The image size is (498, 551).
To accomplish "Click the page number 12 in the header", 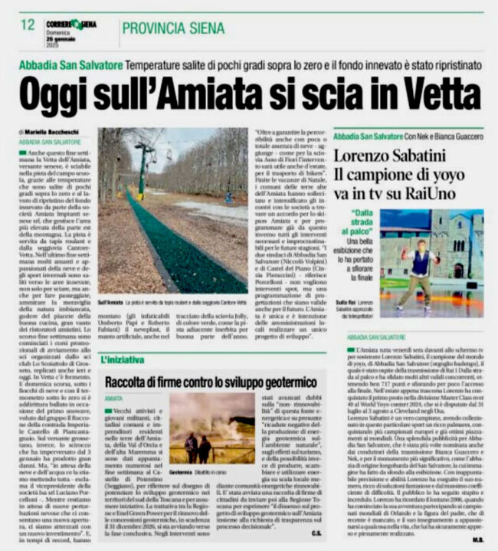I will click(28, 25).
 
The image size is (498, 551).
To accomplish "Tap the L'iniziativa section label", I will click(121, 359).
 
